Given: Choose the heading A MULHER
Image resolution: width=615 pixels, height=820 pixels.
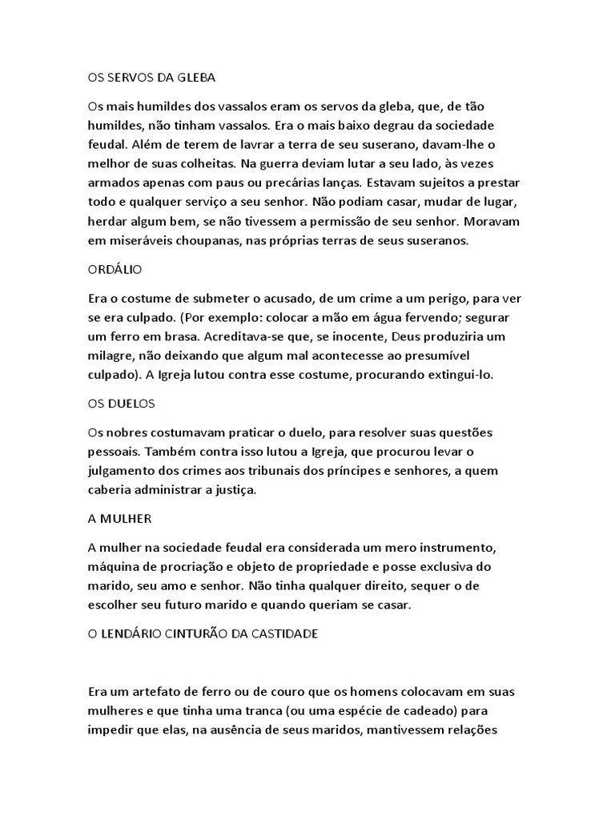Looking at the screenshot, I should click(119, 518).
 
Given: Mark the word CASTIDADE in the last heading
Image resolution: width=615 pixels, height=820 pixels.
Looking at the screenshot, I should click(284, 633).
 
